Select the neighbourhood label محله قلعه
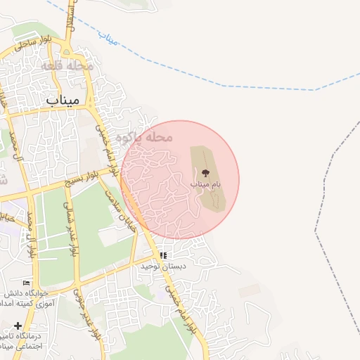(67, 65)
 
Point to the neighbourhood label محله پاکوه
(144, 136)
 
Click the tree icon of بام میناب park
(205, 172)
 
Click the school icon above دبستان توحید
(163, 256)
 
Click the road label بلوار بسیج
(89, 179)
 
